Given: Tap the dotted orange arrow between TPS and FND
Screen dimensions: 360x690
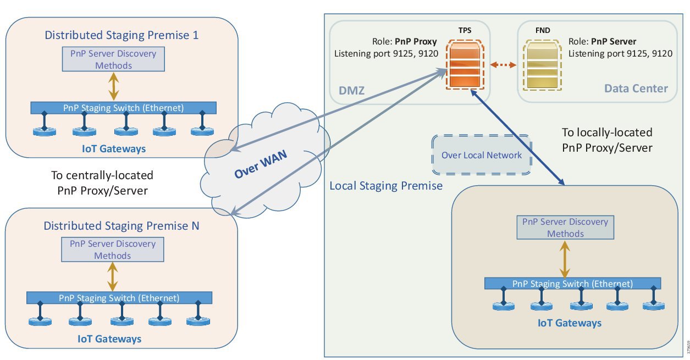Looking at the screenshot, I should click(x=503, y=65).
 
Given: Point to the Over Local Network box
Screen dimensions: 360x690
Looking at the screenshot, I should click(x=482, y=156).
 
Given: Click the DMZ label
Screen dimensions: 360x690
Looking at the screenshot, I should click(x=352, y=89).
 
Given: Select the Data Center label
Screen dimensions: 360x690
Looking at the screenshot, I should click(x=636, y=88).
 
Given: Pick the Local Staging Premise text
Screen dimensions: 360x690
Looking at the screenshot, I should click(x=385, y=186).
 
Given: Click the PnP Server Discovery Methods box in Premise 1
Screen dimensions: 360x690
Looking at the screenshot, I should click(x=113, y=59).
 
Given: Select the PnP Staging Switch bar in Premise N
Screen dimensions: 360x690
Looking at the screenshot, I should click(x=119, y=298).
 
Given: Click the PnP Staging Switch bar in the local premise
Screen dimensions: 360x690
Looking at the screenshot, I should click(x=572, y=284).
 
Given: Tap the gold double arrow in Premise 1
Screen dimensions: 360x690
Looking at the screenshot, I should click(x=113, y=86).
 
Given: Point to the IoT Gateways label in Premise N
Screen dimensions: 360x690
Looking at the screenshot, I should click(x=109, y=339).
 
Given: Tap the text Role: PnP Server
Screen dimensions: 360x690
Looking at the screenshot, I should click(x=603, y=42).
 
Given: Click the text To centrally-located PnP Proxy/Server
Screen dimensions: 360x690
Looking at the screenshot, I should click(x=102, y=182).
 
